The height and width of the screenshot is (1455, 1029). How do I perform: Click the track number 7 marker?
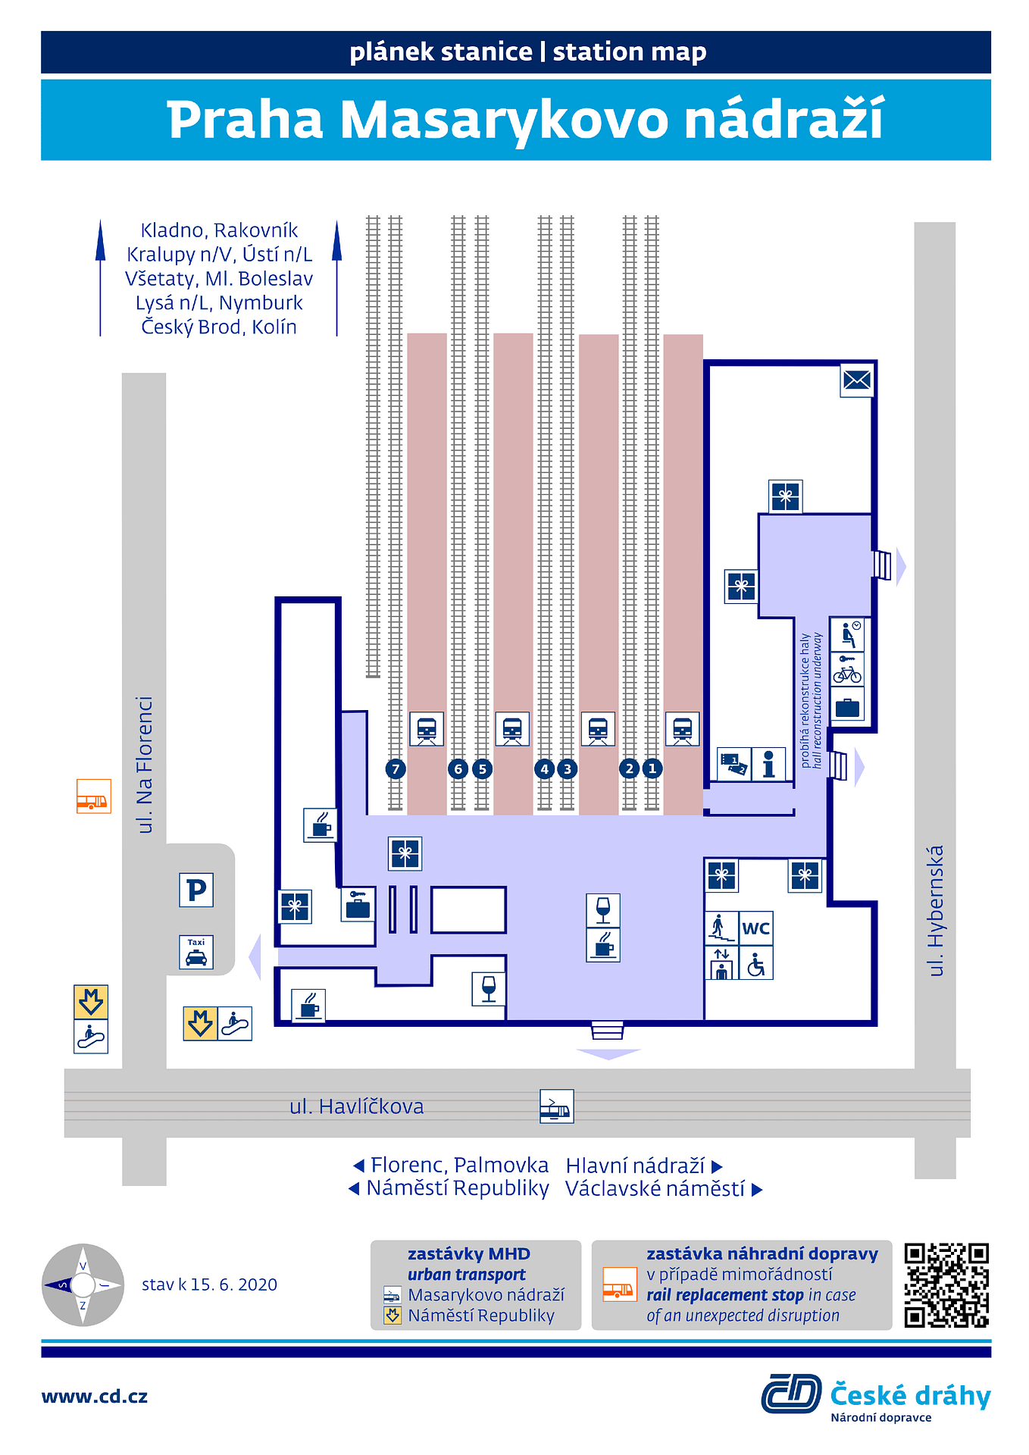click(396, 769)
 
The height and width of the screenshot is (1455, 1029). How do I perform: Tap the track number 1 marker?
click(652, 768)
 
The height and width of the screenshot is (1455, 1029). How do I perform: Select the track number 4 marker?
click(544, 769)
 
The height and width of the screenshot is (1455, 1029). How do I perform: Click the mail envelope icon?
click(857, 380)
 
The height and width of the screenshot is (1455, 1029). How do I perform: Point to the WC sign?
click(756, 928)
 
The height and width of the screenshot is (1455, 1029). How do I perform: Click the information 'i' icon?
click(768, 764)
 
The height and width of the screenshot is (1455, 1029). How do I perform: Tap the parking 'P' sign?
click(196, 890)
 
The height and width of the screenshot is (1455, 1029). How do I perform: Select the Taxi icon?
click(196, 953)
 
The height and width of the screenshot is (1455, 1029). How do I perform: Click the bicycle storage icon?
click(847, 671)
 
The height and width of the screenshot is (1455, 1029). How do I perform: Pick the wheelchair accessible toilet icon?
click(756, 964)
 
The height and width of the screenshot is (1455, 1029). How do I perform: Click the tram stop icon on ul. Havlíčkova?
click(556, 1106)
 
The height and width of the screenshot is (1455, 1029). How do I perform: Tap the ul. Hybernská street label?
click(936, 910)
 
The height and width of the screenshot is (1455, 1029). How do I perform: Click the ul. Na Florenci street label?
click(144, 765)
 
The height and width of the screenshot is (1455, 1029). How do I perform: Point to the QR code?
click(946, 1285)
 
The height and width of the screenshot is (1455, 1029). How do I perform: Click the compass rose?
click(83, 1284)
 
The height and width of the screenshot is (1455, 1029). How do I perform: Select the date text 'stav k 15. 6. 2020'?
click(209, 1284)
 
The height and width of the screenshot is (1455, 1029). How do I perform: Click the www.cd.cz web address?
click(95, 1397)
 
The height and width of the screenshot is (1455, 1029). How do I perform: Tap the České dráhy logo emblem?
click(791, 1394)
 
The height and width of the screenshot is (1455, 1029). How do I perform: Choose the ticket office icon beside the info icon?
click(733, 764)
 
